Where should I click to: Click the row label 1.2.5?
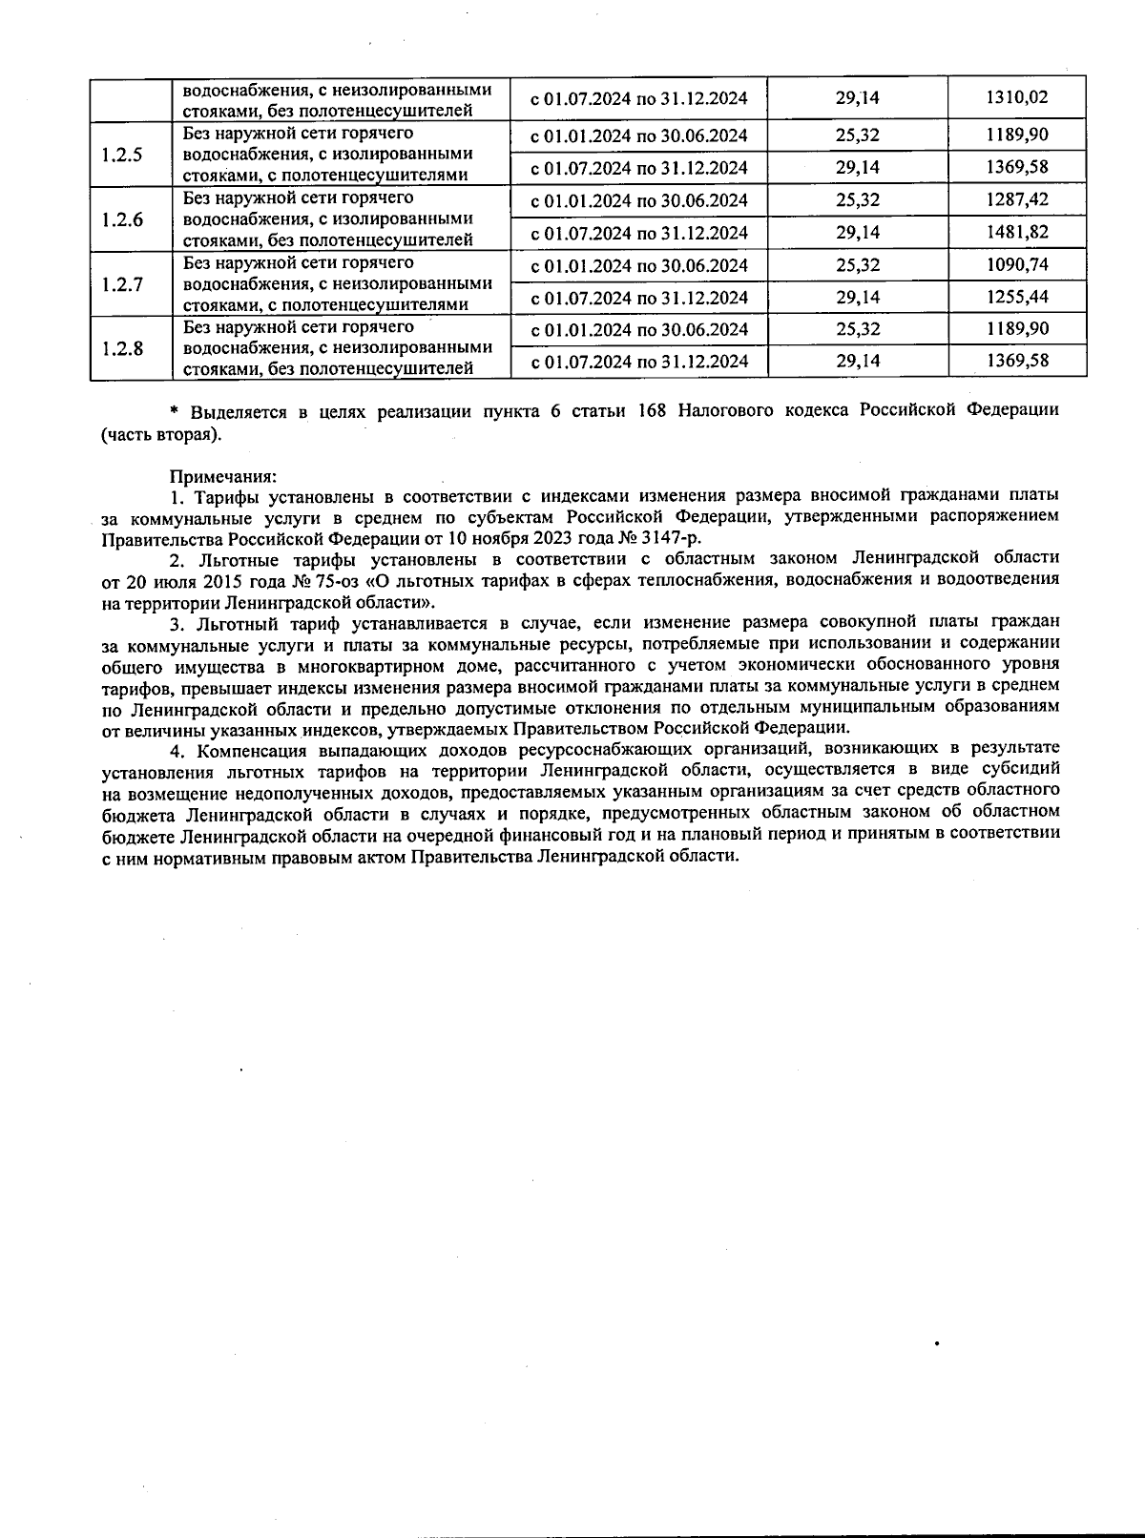121,155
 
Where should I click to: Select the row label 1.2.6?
121,219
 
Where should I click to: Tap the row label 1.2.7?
121,284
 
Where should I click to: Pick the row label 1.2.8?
121,348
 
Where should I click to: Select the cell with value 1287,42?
1016,200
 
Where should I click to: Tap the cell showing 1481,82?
1016,233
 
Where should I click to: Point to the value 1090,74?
1016,265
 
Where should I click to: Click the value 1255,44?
1016,297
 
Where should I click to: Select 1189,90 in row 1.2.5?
1016,135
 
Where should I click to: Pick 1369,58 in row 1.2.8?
1016,362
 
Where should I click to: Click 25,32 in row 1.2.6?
857,200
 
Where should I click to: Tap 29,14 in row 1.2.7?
857,297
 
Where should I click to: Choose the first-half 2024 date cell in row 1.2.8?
638,330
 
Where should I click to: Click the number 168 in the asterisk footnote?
652,411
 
